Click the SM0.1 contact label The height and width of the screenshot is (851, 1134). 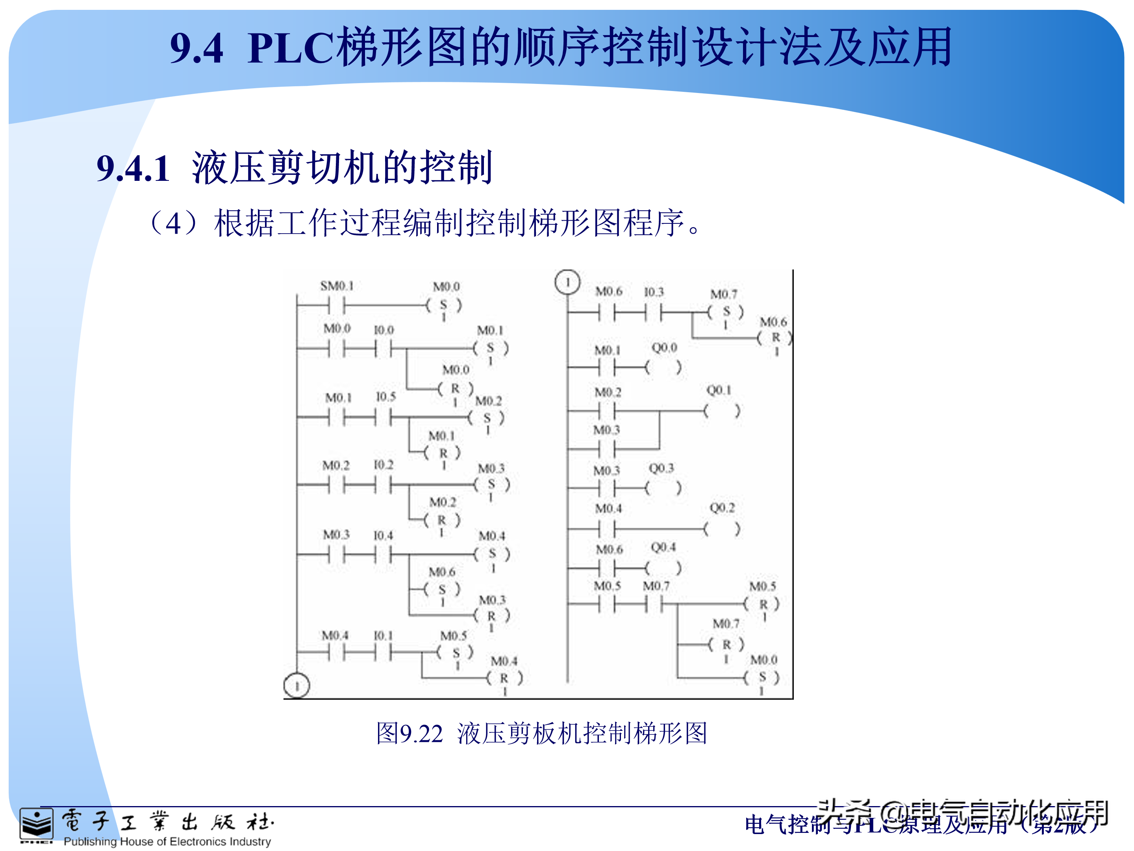pyautogui.click(x=337, y=286)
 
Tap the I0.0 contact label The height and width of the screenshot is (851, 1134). pyautogui.click(x=384, y=330)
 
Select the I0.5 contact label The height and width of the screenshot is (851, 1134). pyautogui.click(x=385, y=396)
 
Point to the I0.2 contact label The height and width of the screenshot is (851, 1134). pyautogui.click(x=384, y=465)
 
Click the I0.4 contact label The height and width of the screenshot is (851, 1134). pyautogui.click(x=383, y=535)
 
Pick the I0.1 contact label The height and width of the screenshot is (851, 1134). pyautogui.click(x=383, y=635)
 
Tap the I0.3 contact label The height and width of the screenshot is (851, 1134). pyautogui.click(x=654, y=292)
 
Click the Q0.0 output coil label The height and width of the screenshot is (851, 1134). pyautogui.click(x=664, y=348)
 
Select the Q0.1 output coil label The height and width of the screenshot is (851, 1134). pyautogui.click(x=719, y=390)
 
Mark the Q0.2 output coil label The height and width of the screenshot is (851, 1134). pyautogui.click(x=722, y=508)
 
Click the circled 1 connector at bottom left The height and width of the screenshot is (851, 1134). pyautogui.click(x=297, y=685)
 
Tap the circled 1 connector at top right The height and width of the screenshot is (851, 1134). pyautogui.click(x=567, y=282)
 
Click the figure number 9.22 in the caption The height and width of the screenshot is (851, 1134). pyautogui.click(x=421, y=734)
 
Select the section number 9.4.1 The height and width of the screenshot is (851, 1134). pyautogui.click(x=133, y=168)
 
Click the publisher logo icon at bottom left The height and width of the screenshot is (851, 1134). pyautogui.click(x=36, y=825)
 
